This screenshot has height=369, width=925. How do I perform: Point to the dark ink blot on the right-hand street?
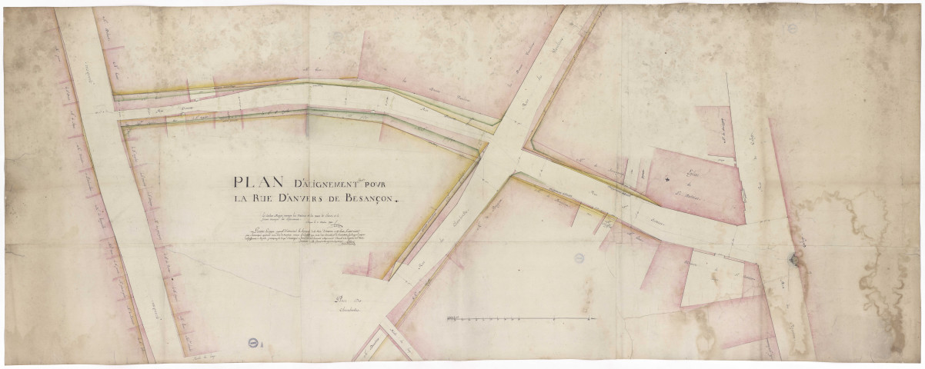click(x=794, y=261)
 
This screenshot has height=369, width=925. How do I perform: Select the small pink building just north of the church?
click(x=713, y=123)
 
